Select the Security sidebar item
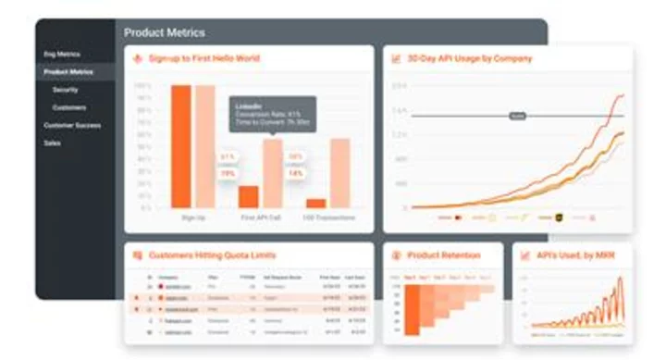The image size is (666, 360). [x=65, y=90]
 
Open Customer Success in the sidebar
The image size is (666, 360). [x=72, y=125]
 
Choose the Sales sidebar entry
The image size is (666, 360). [x=52, y=143]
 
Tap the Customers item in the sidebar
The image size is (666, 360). [x=68, y=107]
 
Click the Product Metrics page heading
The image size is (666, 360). [x=166, y=33]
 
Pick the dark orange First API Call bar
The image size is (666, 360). [x=248, y=196]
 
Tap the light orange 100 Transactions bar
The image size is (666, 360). [x=339, y=173]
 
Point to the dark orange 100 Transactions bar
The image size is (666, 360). [x=316, y=203]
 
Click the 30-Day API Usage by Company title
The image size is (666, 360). [x=471, y=59]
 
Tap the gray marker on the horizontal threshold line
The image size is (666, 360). [x=517, y=116]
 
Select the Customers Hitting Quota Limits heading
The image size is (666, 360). [x=213, y=254]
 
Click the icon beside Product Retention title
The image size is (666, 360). [x=397, y=254]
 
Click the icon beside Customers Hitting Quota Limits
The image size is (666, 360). [x=138, y=254]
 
